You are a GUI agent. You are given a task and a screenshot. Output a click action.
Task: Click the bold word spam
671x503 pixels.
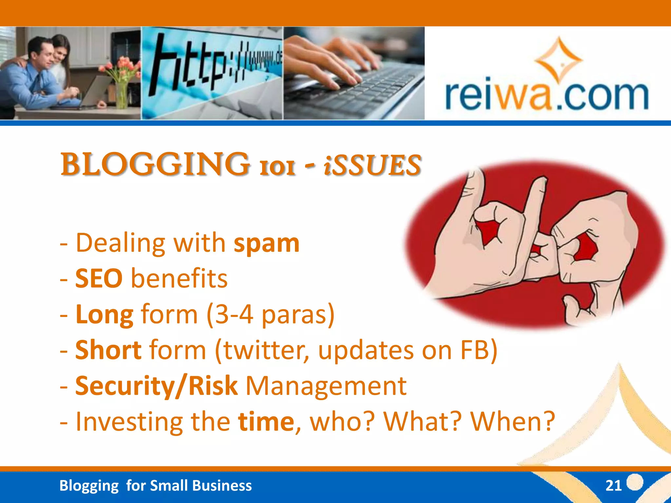(x=266, y=244)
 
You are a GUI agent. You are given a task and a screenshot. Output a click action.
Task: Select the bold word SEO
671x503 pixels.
(x=99, y=279)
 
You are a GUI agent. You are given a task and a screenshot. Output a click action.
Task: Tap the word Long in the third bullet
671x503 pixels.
(x=104, y=315)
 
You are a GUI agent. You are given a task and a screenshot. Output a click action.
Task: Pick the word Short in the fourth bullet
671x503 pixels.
(x=108, y=350)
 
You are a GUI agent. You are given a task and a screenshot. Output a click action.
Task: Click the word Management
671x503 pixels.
(x=326, y=386)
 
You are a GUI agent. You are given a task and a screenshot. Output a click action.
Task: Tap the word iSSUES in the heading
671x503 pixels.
(x=372, y=165)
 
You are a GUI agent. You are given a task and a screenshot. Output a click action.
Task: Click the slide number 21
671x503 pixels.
(x=613, y=486)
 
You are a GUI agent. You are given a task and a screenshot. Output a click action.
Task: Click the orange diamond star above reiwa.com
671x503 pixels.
(x=558, y=61)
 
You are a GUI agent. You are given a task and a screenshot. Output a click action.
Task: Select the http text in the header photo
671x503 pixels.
(x=190, y=64)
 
